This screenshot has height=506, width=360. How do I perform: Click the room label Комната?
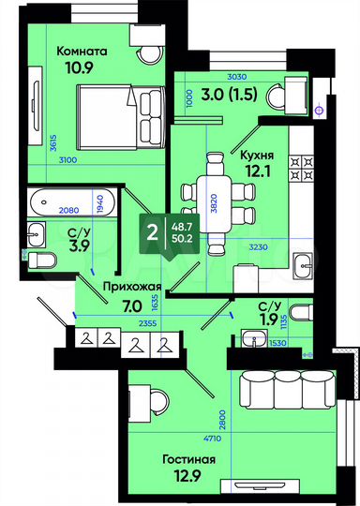[x=82, y=52]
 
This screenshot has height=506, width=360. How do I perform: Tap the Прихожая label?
[x=132, y=287]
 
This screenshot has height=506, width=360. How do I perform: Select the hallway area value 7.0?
[x=131, y=305]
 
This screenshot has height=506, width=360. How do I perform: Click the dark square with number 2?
[x=152, y=231]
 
